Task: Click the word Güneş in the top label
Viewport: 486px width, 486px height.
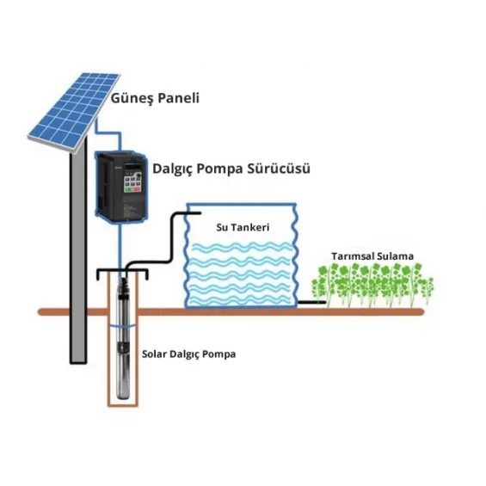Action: point(132,98)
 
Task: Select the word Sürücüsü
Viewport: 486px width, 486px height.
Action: point(280,169)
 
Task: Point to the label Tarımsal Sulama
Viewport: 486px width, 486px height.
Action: point(373,256)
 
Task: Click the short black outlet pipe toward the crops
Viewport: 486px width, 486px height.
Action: point(311,302)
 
